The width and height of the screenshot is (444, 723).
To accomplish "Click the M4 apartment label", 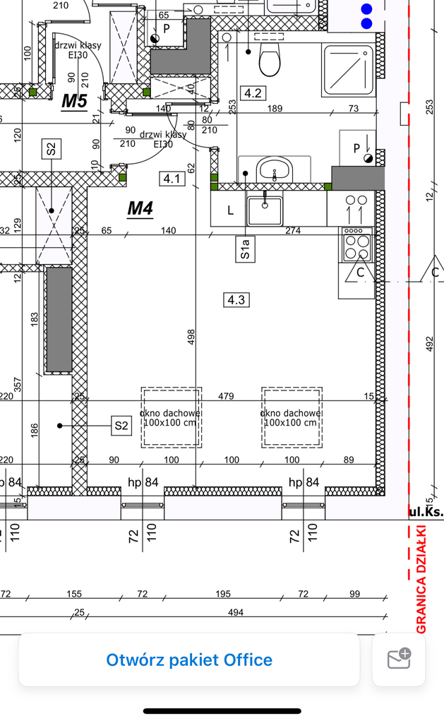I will pos(140,208).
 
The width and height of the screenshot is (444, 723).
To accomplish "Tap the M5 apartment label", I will pos(73,101).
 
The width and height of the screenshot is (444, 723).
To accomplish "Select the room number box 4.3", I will pos(235,300).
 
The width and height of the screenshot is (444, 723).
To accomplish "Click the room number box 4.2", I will pos(252,92).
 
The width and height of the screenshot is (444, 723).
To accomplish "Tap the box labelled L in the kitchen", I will pos(229,210).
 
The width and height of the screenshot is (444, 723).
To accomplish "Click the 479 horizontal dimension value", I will pos(226,397).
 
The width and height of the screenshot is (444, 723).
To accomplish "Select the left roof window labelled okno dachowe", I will pos(172,418).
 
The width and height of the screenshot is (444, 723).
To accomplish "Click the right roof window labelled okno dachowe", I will pos(292,418).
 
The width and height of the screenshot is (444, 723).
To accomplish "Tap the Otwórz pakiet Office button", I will pos(189,660).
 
